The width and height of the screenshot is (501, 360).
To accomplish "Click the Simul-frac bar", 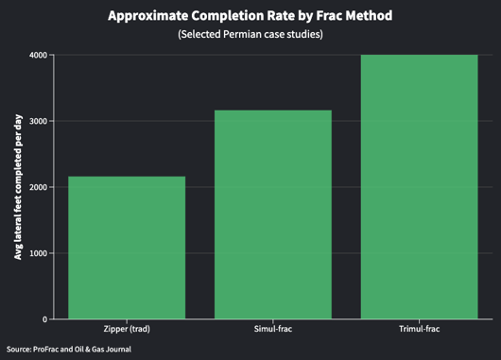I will tap(273, 214).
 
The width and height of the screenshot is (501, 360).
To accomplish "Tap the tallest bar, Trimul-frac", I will tap(420, 186).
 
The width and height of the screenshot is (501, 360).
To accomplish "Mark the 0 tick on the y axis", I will tap(44, 319).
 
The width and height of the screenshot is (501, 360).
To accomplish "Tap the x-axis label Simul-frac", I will tap(273, 330).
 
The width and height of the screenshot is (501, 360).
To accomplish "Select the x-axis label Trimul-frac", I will tap(420, 330).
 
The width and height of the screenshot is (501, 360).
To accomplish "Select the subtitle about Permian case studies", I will tap(250, 35).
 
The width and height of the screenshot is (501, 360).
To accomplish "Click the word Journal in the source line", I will tap(115, 350).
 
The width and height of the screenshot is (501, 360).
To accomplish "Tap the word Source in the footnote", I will tap(18, 350).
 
